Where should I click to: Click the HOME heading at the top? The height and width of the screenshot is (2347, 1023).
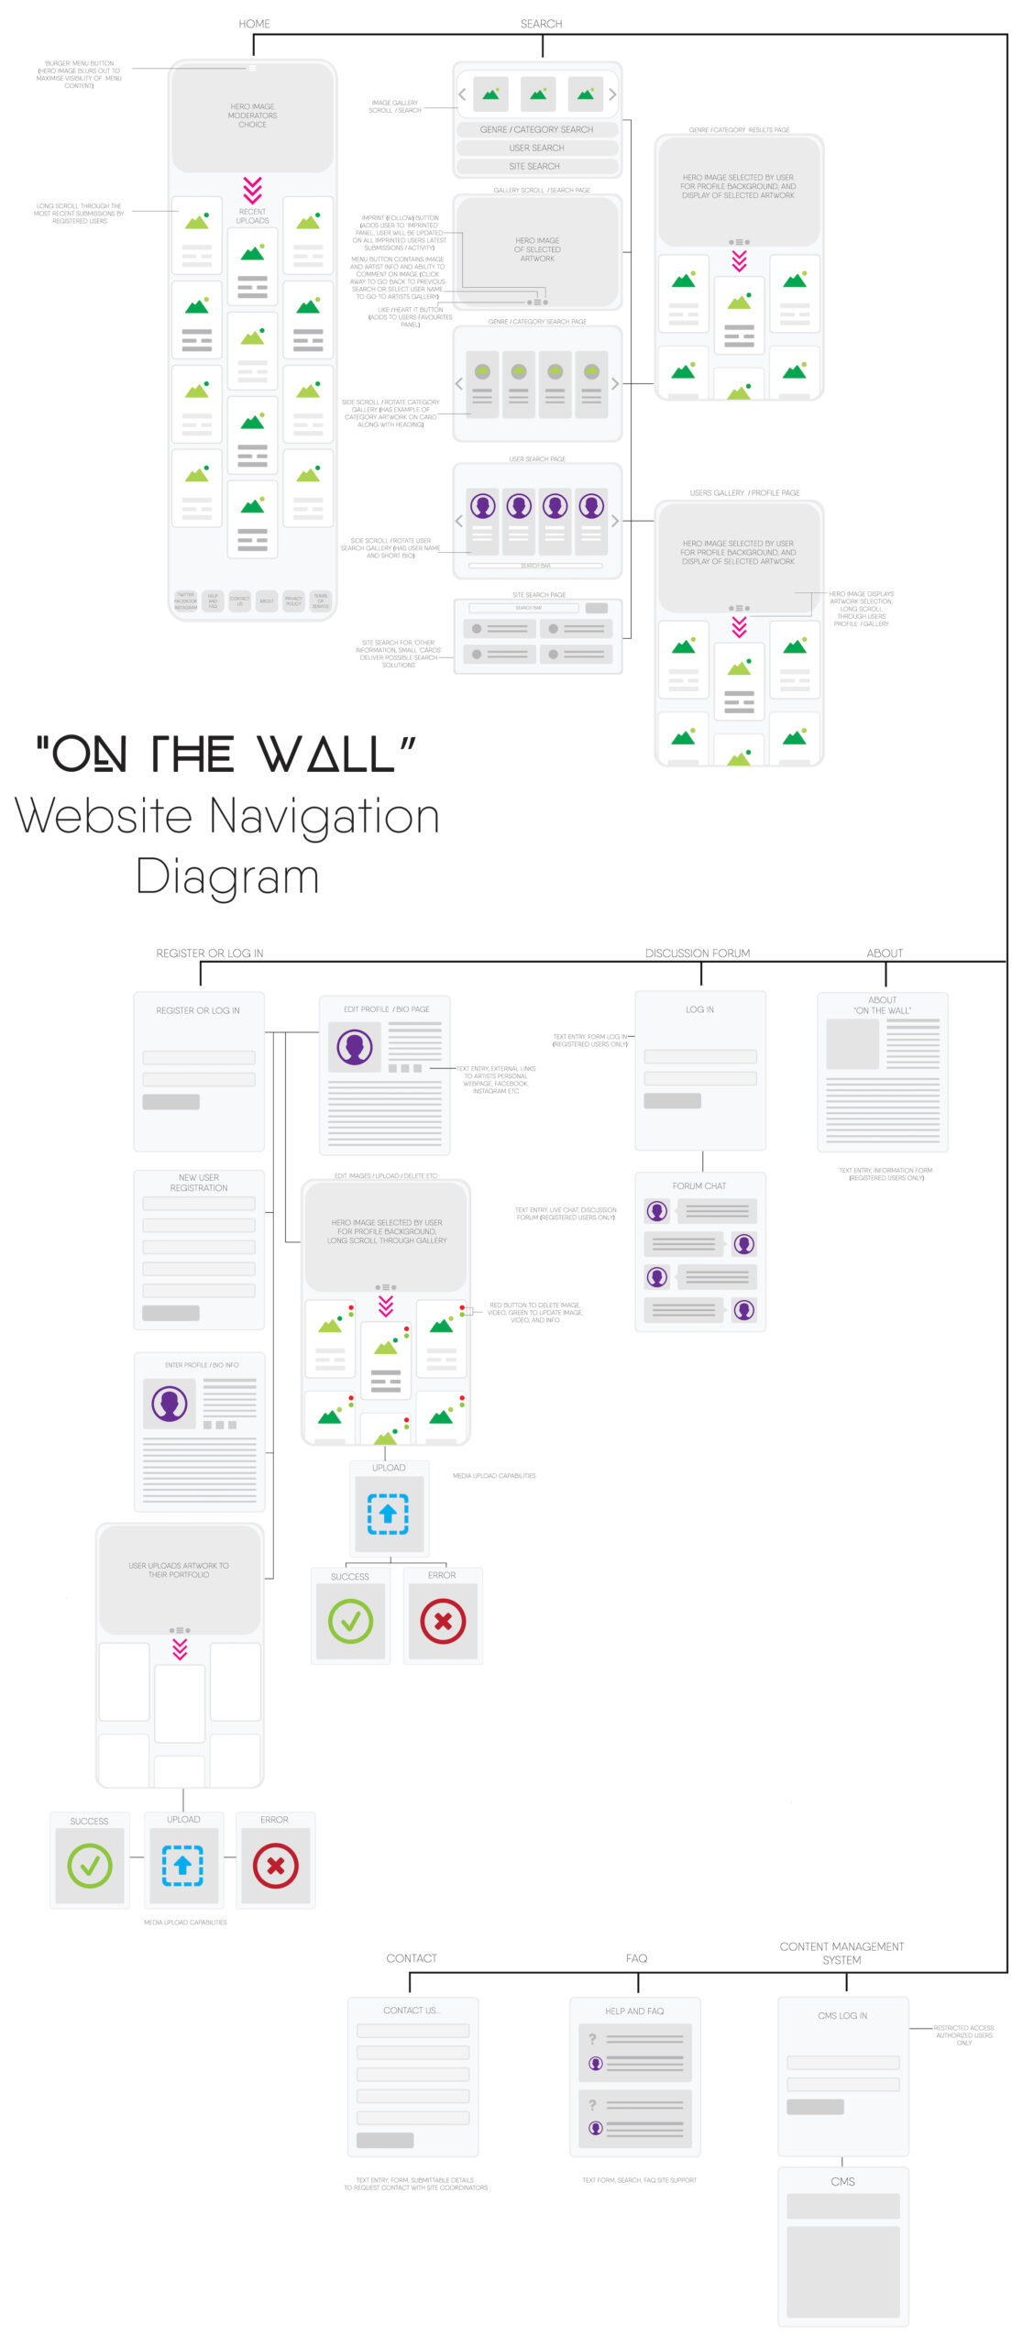(x=254, y=24)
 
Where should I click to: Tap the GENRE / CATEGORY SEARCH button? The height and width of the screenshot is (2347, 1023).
(x=536, y=129)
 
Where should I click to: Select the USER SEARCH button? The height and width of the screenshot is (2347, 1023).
(x=536, y=148)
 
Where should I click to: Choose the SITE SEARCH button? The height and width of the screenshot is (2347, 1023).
(x=534, y=166)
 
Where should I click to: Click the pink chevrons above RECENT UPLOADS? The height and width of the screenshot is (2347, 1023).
(x=252, y=190)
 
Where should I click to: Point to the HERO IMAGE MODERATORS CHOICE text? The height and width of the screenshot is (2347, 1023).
(x=252, y=116)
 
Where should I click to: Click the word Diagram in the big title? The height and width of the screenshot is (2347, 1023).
(x=227, y=876)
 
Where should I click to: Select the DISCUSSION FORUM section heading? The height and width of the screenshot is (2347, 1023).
(x=697, y=953)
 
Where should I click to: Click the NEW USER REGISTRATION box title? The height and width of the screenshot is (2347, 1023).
(x=199, y=1183)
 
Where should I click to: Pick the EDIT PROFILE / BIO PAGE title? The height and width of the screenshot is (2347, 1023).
(x=386, y=1009)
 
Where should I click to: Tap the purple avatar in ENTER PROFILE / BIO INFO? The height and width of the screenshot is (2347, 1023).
(x=169, y=1404)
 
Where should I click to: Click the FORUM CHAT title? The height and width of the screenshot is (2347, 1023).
(x=699, y=1186)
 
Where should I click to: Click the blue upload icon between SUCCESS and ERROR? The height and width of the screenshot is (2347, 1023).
(x=182, y=1865)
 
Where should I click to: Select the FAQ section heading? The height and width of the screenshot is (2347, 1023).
(x=636, y=1958)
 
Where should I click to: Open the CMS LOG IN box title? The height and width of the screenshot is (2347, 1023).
(x=842, y=2016)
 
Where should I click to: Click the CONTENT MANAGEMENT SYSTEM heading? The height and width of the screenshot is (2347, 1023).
(x=841, y=1953)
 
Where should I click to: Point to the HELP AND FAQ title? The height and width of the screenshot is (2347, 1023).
(x=634, y=2011)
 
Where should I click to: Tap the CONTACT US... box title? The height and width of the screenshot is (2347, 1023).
(x=412, y=2011)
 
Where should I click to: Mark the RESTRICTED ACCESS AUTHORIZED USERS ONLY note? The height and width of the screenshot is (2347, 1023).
(x=963, y=2035)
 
